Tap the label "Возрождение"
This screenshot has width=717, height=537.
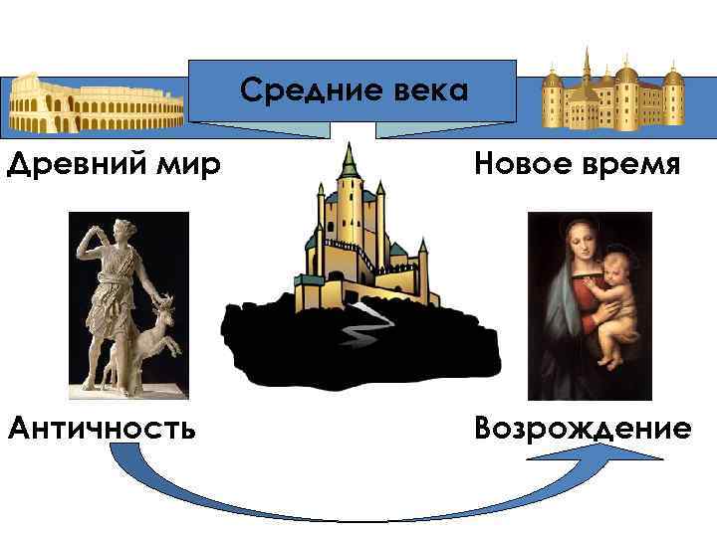point(583,429)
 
